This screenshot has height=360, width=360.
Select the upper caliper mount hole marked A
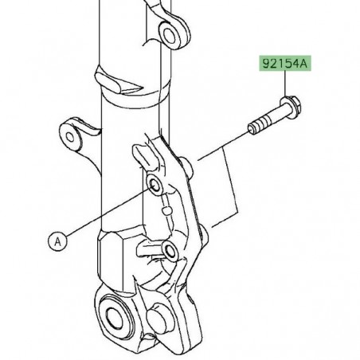coord(155,186)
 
